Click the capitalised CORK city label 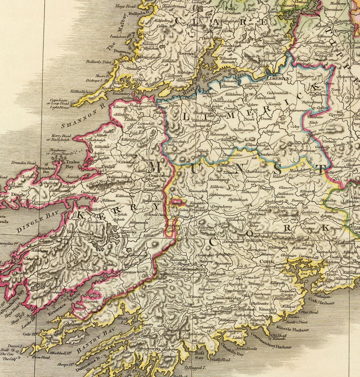pos(266,261)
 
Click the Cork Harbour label pos(320,299)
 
